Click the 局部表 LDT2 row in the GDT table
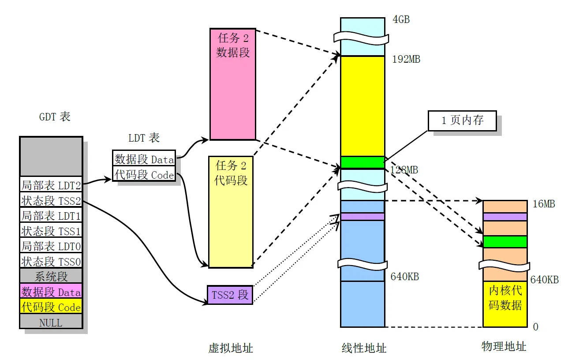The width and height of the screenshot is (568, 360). (x=51, y=185)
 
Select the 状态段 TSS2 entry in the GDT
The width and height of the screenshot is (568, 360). (x=51, y=200)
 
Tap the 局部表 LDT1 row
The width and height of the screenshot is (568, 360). (x=51, y=216)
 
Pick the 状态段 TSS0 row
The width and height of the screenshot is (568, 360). (x=51, y=261)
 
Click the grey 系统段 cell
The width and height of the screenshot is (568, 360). (x=51, y=277)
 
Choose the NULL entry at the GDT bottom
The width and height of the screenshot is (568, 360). (x=51, y=322)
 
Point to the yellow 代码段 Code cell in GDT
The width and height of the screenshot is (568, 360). (x=51, y=307)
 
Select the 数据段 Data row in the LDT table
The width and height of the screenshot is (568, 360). (x=144, y=159)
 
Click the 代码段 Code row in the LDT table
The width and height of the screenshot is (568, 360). (x=144, y=175)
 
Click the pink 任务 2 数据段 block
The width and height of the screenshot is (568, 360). (x=233, y=84)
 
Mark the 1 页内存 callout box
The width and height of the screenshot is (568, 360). (x=462, y=121)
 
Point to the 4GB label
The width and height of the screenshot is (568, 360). (x=401, y=20)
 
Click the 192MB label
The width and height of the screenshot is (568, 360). (x=406, y=59)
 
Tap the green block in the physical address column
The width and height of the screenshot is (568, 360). (x=505, y=242)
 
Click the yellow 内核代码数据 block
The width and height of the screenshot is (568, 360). (x=505, y=304)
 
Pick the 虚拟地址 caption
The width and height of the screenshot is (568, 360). (x=231, y=348)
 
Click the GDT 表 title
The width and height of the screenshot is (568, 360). (x=55, y=117)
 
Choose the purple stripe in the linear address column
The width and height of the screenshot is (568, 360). (x=362, y=217)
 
